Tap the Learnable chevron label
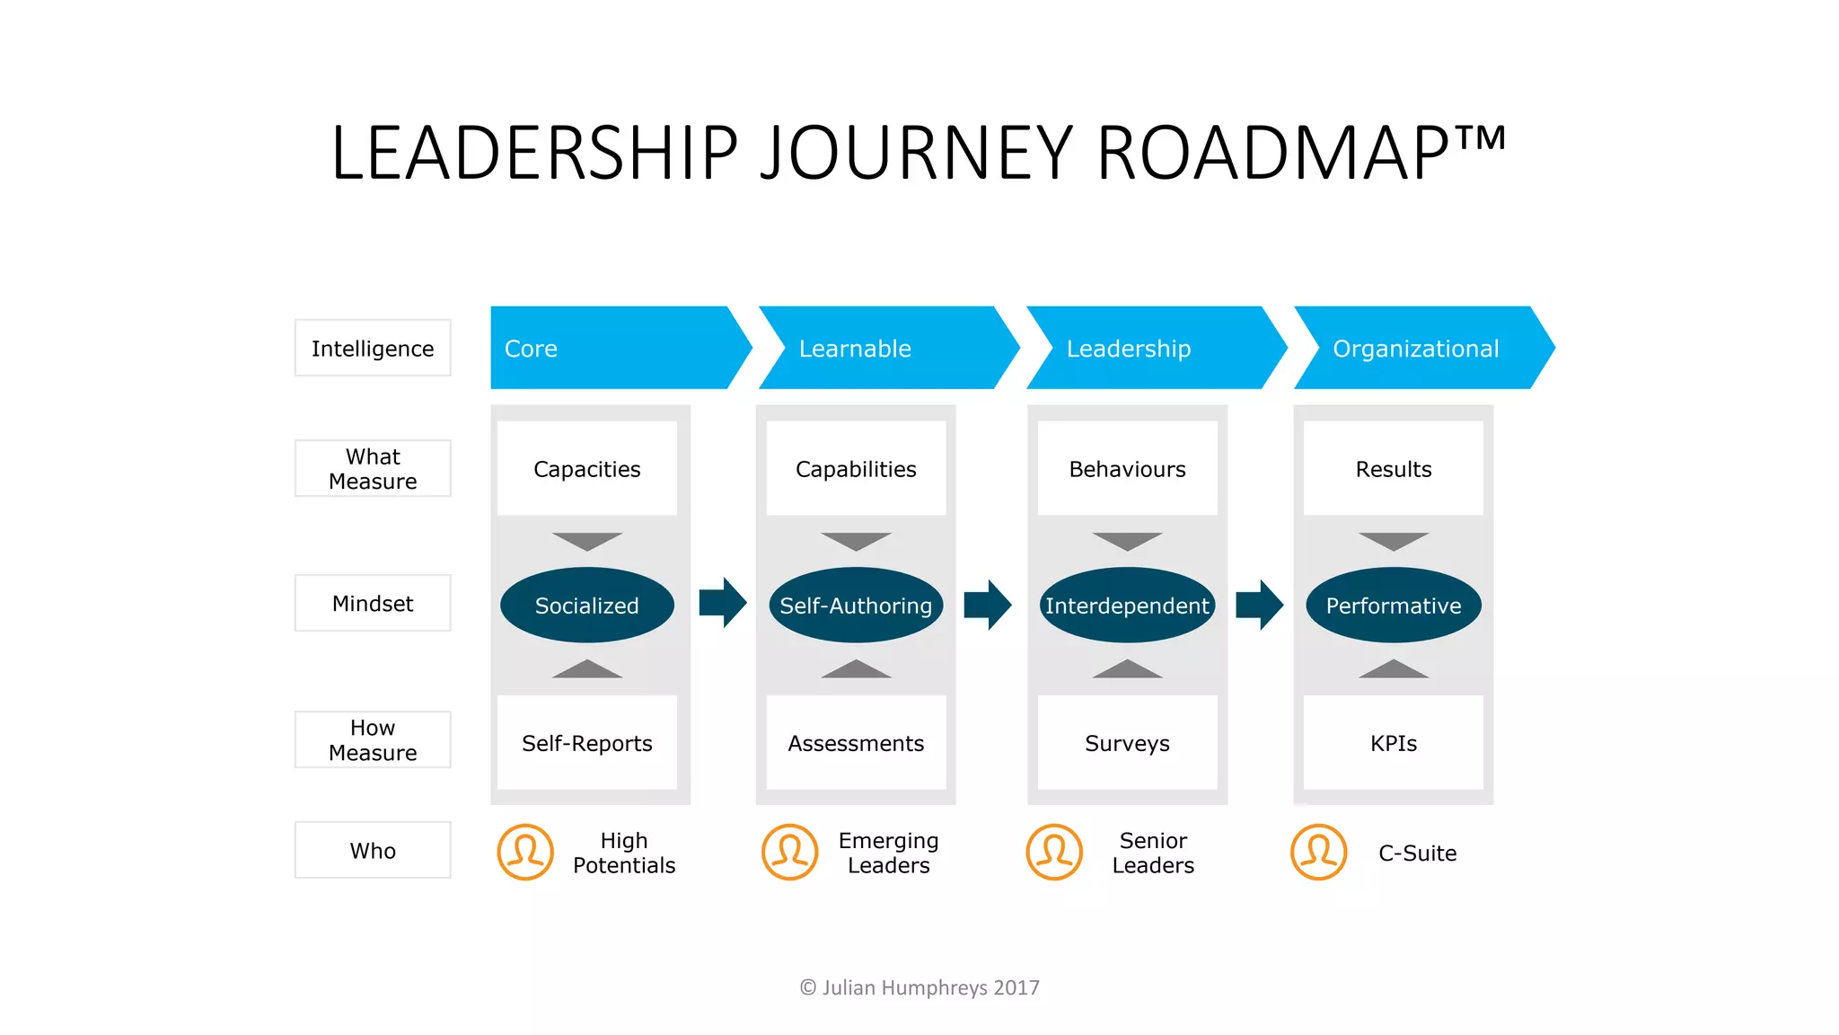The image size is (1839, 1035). pos(855,349)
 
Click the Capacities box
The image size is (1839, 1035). pos(587,469)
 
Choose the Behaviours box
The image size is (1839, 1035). pos(1127,469)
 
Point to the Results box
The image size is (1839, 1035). pos(1393,469)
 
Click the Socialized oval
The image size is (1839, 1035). pos(587,606)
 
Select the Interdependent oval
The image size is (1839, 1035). pos(1127,606)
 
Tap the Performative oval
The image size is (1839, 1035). pos(1393,606)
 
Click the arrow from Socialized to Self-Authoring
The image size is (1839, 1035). pos(723,603)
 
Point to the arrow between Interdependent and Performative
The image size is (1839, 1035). pos(1259,605)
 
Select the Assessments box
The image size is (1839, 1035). pos(856,743)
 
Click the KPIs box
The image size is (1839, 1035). pos(1393,743)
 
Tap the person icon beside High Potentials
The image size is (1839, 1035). pos(525,852)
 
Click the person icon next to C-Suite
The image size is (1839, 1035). pos(1318,852)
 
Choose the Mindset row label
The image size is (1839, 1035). pos(373,604)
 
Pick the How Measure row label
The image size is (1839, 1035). pos(373,739)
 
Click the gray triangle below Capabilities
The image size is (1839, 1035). pos(856,541)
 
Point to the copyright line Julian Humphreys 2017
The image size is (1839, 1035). pos(919,987)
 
